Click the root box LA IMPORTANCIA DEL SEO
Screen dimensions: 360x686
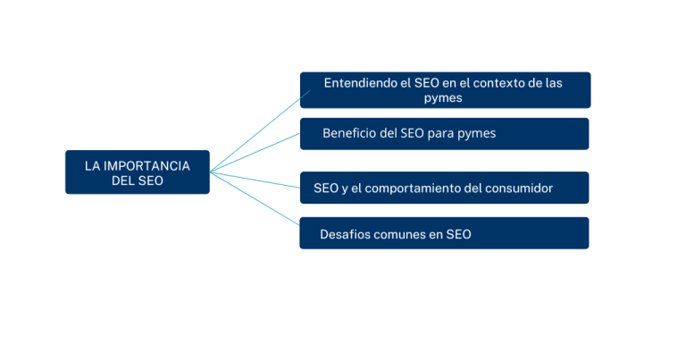(x=137, y=172)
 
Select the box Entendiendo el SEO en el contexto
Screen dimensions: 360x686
(x=444, y=90)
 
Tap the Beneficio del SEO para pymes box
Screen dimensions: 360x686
(x=444, y=134)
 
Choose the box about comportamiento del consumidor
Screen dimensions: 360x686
(x=444, y=188)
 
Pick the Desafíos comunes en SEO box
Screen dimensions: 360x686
(x=444, y=233)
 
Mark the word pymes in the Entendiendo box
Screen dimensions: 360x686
(x=443, y=98)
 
